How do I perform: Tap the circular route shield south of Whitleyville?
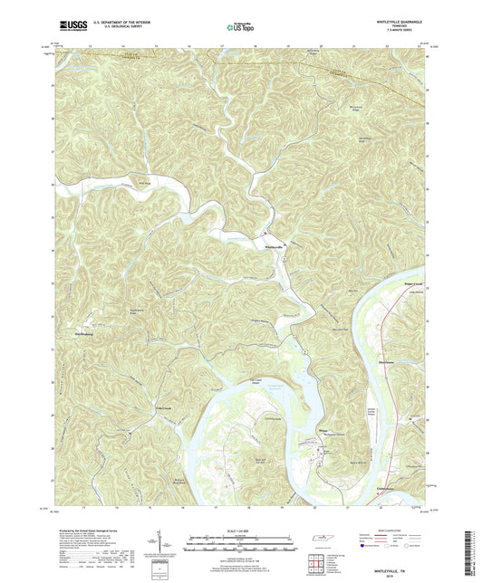(x=283, y=261)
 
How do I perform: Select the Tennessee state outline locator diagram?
(x=320, y=540)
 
